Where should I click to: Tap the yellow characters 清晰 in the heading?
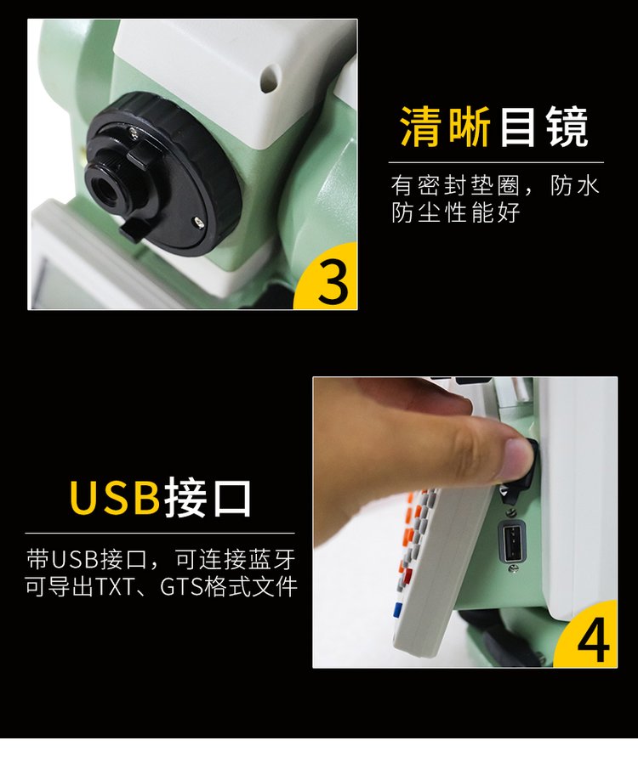[445, 127]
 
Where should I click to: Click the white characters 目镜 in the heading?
[543, 127]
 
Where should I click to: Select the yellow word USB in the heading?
[115, 498]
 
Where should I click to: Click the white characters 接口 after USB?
[208, 498]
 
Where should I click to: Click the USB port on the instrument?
[512, 540]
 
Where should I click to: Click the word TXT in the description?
[115, 587]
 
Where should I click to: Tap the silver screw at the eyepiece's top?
[134, 130]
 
